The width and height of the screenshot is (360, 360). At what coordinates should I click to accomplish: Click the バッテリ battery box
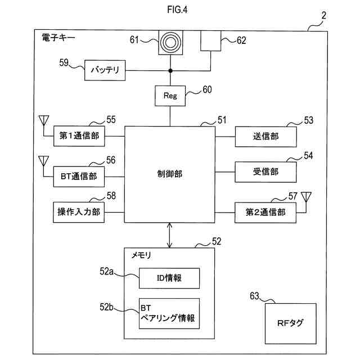[105, 71]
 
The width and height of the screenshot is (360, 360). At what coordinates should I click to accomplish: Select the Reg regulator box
[170, 96]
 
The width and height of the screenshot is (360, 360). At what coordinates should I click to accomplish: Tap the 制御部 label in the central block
[170, 174]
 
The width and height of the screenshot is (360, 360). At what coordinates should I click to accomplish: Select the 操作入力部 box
[79, 212]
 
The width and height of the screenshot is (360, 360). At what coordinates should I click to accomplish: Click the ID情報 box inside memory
[169, 277]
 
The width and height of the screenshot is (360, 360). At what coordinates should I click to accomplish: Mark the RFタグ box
[290, 323]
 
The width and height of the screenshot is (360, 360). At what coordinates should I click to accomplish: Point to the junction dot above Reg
[170, 71]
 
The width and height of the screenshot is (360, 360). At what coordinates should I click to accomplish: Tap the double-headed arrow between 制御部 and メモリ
[170, 235]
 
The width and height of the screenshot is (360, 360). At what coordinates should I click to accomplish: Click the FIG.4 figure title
[179, 10]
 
